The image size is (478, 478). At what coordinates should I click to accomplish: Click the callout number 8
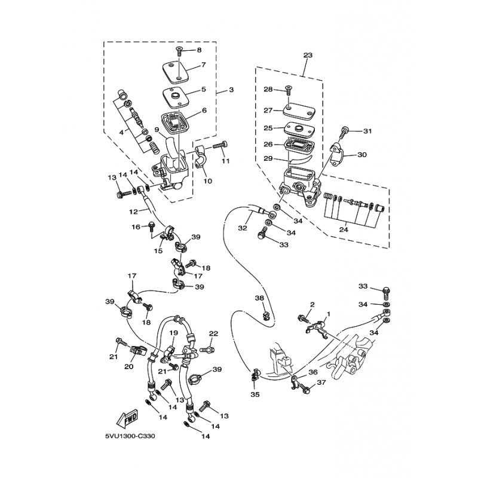[x=199, y=50]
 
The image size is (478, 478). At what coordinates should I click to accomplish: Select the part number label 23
[x=308, y=55]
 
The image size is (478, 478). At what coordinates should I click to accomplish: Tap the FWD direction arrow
[x=127, y=418]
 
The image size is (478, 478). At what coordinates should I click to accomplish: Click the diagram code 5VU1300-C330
[x=130, y=436]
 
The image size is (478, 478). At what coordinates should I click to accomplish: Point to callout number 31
[x=367, y=131]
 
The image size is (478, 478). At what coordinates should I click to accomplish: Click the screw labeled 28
[x=288, y=91]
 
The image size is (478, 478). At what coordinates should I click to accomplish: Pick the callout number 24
[x=344, y=229]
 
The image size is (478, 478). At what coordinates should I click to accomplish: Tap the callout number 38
[x=259, y=298]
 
